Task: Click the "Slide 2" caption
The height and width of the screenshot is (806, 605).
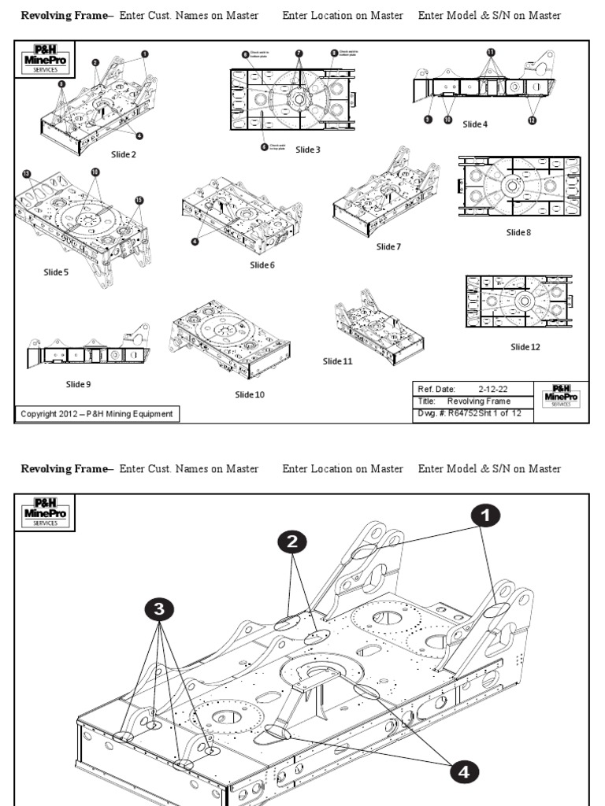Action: (123, 154)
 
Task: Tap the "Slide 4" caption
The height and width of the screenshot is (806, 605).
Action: (475, 124)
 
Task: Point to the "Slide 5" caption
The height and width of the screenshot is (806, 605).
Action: (56, 272)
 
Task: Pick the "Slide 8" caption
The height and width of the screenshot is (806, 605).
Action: (519, 232)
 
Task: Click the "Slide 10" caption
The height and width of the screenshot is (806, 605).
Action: (250, 394)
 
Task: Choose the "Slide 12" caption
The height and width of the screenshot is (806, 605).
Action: (525, 346)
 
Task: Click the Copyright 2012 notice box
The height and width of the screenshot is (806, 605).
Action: (98, 414)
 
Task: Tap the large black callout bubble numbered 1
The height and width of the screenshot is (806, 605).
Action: (485, 515)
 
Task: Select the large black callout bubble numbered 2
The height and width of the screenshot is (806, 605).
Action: (291, 542)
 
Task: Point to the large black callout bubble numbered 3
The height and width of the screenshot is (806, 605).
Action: (159, 608)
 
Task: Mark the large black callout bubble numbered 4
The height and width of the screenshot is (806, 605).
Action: (464, 772)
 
